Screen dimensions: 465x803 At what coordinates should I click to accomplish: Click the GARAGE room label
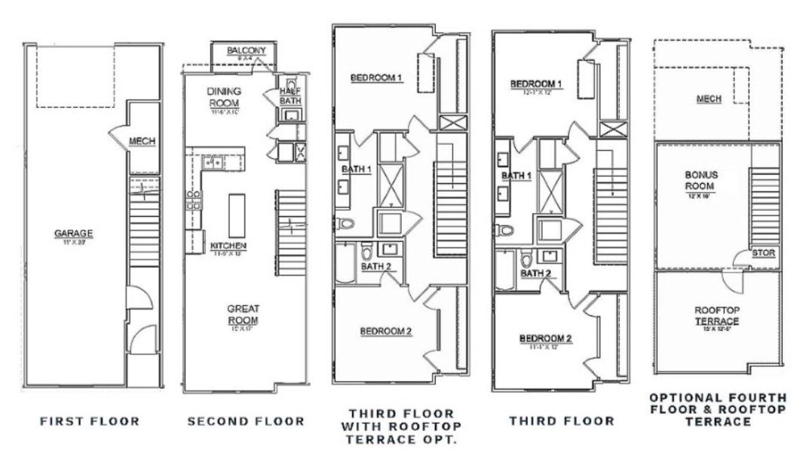72,234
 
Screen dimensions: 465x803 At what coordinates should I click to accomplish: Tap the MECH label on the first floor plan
141,142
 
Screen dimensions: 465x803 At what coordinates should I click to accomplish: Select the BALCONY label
244,51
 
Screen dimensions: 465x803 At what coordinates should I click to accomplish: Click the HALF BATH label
290,90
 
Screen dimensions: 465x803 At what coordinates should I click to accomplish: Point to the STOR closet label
763,253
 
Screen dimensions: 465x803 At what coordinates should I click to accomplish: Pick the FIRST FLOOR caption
90,421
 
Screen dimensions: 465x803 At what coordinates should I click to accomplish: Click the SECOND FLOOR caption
246,421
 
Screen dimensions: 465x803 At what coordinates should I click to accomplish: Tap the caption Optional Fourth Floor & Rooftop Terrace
718,409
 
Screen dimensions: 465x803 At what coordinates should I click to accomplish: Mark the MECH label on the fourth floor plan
709,99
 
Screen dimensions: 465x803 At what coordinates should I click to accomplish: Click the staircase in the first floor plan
143,230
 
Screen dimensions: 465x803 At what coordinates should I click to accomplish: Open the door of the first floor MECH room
118,136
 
